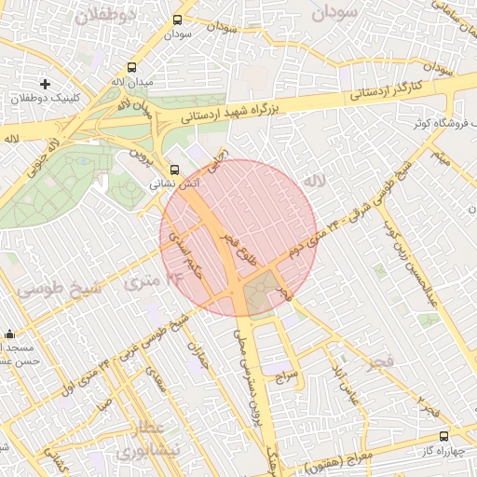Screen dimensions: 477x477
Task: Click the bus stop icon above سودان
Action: point(178,20)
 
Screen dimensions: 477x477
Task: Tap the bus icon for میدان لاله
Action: point(131,68)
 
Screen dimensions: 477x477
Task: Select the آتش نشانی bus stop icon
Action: point(174,169)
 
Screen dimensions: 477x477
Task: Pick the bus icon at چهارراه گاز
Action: point(443,435)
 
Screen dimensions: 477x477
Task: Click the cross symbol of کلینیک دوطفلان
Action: point(46,84)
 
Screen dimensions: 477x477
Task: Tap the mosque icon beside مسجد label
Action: point(10,334)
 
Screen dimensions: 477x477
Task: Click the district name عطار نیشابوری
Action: point(140,440)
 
